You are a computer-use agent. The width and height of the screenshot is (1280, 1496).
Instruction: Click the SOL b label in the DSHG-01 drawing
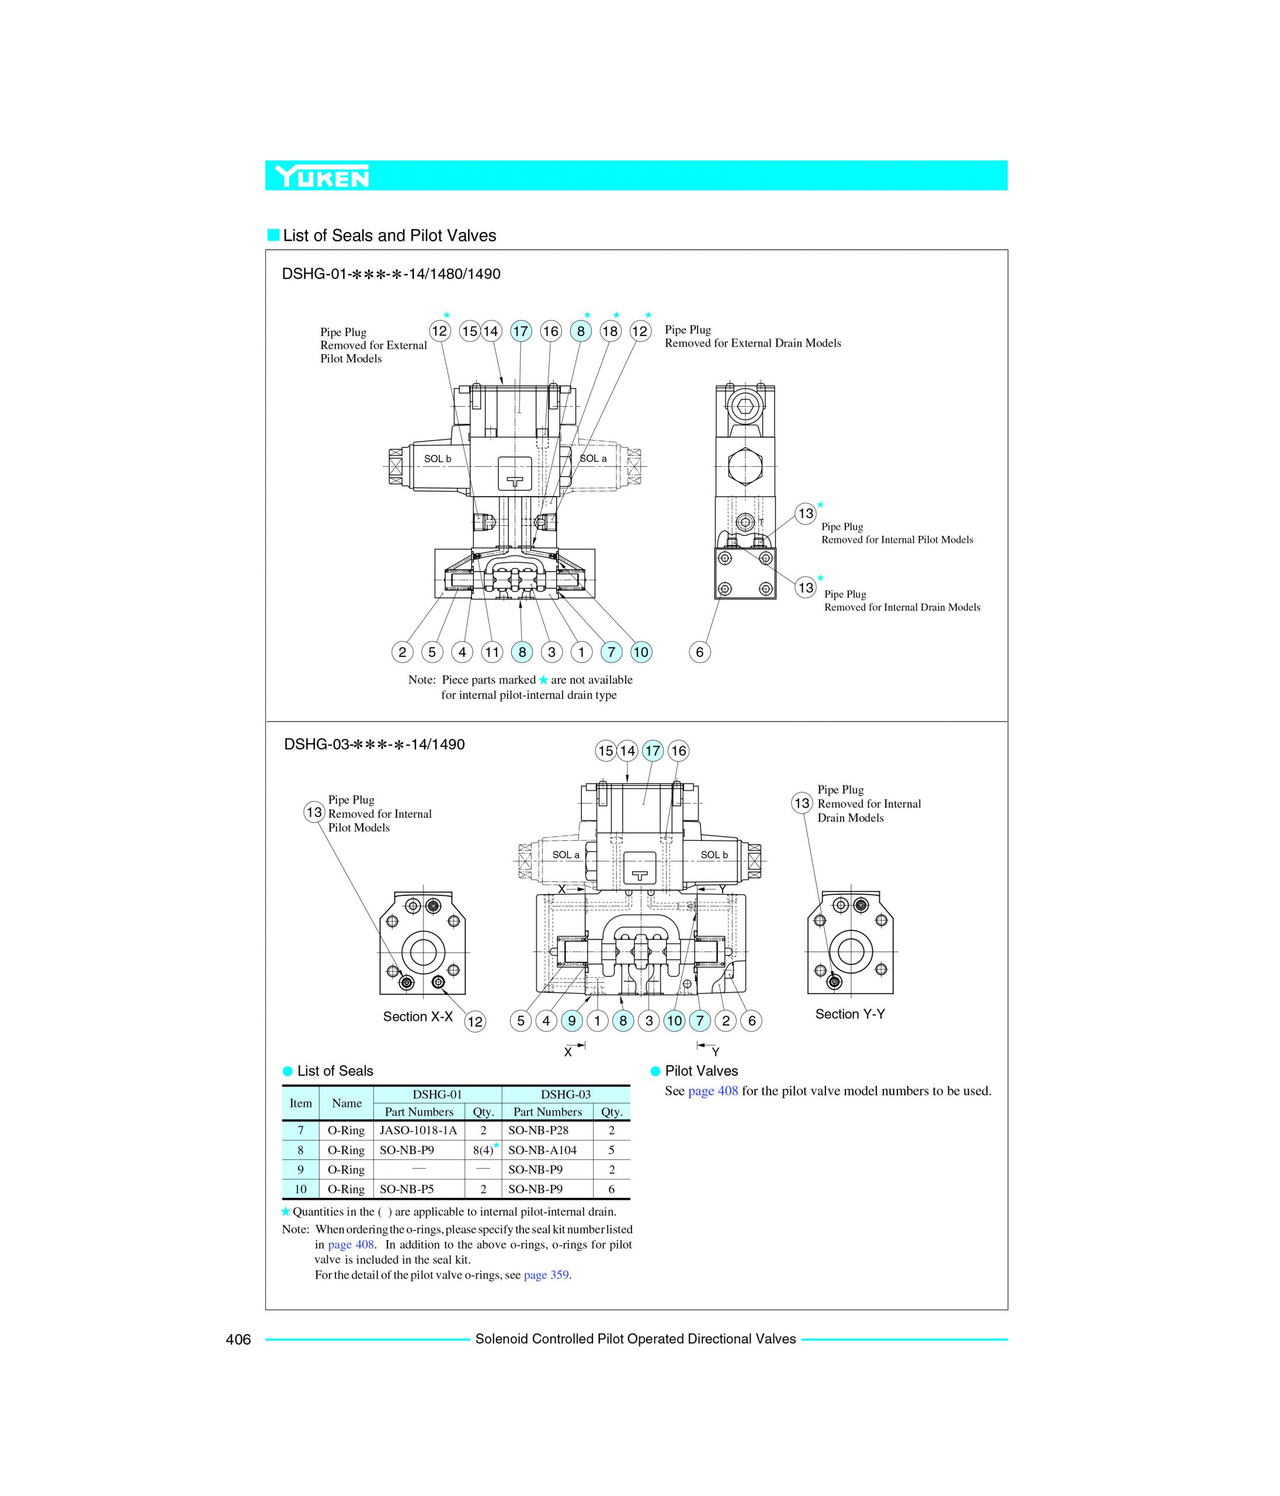pyautogui.click(x=437, y=459)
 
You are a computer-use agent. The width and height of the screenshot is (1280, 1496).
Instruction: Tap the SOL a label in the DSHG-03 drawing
pyautogui.click(x=566, y=855)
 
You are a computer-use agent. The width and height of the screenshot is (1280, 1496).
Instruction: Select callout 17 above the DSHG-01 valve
pyautogui.click(x=521, y=331)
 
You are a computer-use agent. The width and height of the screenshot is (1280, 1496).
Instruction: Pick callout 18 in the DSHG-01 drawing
pyautogui.click(x=610, y=331)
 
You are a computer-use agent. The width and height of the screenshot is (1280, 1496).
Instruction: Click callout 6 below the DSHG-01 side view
pyautogui.click(x=699, y=653)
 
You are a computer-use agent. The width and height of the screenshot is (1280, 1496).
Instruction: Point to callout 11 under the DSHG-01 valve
pyautogui.click(x=492, y=653)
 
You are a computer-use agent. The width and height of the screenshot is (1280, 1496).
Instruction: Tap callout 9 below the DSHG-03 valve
pyautogui.click(x=572, y=1021)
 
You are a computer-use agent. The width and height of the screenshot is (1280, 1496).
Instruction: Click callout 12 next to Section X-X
pyautogui.click(x=474, y=1021)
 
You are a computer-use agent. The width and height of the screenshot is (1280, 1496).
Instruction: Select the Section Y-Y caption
pyautogui.click(x=849, y=1014)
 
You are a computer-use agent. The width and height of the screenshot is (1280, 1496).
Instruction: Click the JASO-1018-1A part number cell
pyautogui.click(x=418, y=1131)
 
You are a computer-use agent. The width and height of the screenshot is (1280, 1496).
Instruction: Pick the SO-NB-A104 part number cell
pyautogui.click(x=542, y=1150)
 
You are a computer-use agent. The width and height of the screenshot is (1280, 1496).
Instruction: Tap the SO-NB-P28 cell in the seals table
pyautogui.click(x=538, y=1131)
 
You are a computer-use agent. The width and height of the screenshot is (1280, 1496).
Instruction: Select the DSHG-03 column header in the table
pyautogui.click(x=566, y=1095)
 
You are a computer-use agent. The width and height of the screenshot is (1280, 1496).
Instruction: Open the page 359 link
pyautogui.click(x=546, y=1275)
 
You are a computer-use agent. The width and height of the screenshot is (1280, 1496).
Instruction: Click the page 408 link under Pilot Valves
pyautogui.click(x=713, y=1091)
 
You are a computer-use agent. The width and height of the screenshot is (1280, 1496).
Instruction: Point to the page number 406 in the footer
pyautogui.click(x=238, y=1339)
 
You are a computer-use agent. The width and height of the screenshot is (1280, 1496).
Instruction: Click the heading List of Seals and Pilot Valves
pyautogui.click(x=389, y=236)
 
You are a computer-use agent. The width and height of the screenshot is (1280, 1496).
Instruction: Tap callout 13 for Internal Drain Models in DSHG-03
pyautogui.click(x=802, y=803)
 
